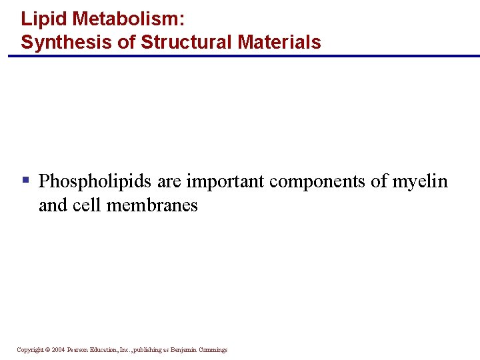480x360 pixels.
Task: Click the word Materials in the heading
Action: click(x=276, y=43)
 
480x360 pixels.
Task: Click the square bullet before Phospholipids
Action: click(x=25, y=179)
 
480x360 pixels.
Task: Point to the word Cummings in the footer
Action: click(x=212, y=350)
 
